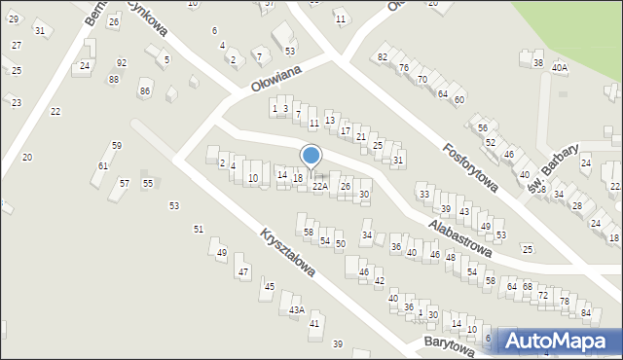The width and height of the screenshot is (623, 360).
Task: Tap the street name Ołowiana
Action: (274, 81)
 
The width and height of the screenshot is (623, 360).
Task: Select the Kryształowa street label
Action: (288, 252)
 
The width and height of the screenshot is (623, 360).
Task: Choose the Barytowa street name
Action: (449, 347)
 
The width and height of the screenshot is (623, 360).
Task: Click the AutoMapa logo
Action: (560, 341)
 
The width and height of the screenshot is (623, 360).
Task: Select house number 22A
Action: (319, 186)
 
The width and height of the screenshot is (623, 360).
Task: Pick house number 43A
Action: (297, 310)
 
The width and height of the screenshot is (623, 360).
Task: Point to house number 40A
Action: (559, 68)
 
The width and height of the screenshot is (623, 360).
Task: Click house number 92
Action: (121, 63)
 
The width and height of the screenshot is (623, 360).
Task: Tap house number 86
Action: (145, 90)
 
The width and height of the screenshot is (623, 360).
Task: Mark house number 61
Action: (102, 166)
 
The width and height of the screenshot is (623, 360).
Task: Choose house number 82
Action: (383, 57)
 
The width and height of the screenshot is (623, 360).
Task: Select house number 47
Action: (242, 271)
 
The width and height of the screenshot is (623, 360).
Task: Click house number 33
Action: (423, 195)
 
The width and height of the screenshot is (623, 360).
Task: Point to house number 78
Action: (564, 301)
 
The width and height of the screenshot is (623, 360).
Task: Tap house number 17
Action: (346, 130)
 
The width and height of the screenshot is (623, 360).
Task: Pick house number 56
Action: (482, 128)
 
